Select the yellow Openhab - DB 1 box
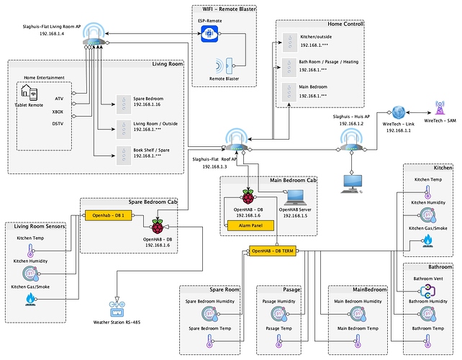[x=109, y=215]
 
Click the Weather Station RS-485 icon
[x=116, y=310]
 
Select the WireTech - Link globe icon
[x=398, y=112]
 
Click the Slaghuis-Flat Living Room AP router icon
[x=94, y=32]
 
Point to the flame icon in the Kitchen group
[x=427, y=243]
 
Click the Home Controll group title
[x=345, y=24]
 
